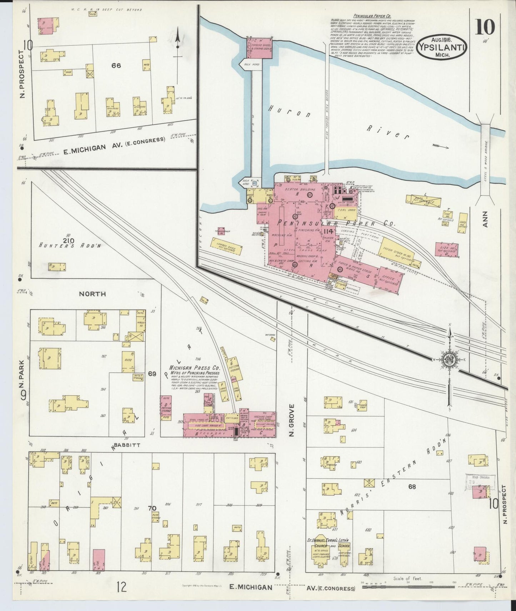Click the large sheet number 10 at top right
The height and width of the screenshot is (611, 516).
click(x=485, y=26)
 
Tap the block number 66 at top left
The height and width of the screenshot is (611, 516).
click(x=116, y=66)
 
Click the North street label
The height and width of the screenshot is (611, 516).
click(x=92, y=294)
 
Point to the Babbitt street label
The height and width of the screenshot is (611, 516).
click(x=127, y=446)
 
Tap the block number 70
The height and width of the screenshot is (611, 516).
click(x=152, y=508)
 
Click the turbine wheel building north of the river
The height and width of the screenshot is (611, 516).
click(x=260, y=48)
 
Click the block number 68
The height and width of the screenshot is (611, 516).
click(x=412, y=487)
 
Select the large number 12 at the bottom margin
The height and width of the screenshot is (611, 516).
click(x=121, y=587)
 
